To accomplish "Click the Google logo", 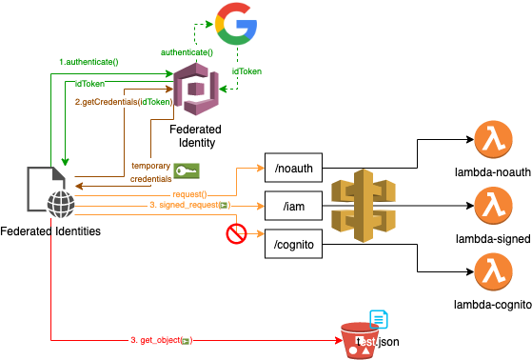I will (237, 24).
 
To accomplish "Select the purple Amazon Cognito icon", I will (196, 89).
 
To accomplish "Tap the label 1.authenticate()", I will (89, 61).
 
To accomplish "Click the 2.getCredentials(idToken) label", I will (123, 101).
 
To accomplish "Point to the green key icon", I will (186, 171).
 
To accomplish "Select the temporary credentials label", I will (150, 171).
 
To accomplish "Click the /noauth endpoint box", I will (293, 168).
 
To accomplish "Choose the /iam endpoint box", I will (293, 206).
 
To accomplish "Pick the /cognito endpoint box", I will (293, 244).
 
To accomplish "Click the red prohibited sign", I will (237, 232).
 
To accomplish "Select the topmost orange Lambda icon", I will (492, 140).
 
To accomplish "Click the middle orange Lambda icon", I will (492, 205).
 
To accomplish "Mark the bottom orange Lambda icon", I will (492, 270).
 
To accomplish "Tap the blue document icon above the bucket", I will (379, 319).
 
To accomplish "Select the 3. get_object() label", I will (161, 339).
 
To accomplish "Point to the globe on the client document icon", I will (59, 202).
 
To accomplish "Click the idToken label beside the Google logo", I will (246, 70).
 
